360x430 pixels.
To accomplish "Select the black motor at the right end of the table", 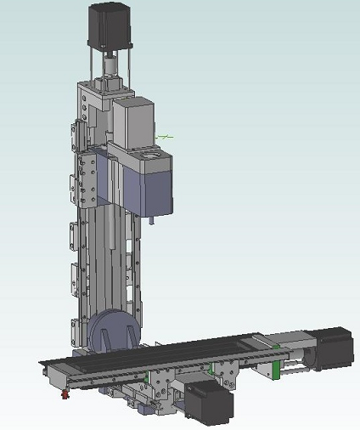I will tap(330, 348).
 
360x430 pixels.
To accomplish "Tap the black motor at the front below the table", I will tap(208, 401).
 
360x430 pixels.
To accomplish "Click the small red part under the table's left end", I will tap(63, 393).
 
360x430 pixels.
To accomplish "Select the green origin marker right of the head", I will tap(168, 135).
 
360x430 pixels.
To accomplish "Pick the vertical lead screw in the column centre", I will tap(113, 246).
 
